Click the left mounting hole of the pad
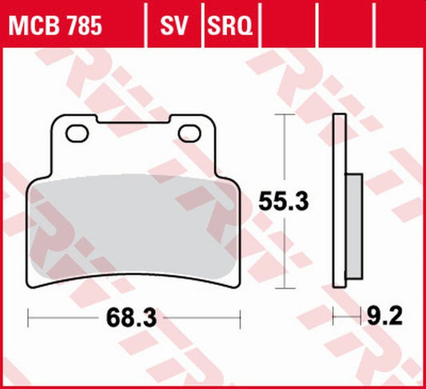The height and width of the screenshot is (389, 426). click(x=77, y=133)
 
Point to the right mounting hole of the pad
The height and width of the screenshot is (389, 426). click(x=191, y=133)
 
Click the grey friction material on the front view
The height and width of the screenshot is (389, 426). click(x=134, y=224)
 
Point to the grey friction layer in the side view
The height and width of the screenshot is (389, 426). click(x=350, y=225)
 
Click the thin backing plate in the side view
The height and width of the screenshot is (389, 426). click(x=340, y=200)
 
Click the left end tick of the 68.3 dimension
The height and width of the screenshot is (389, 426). click(x=29, y=318)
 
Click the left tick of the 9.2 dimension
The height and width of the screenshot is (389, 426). click(x=334, y=318)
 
